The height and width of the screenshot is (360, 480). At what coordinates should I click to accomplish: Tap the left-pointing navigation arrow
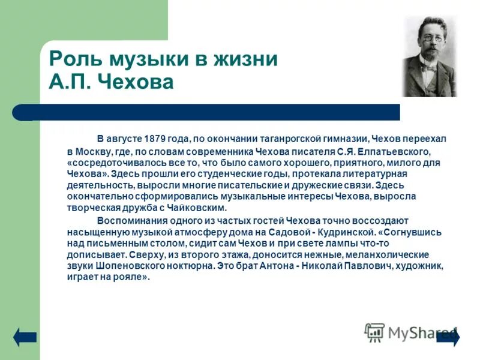coord(25,337)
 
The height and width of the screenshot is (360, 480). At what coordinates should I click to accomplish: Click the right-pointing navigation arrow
coord(448,337)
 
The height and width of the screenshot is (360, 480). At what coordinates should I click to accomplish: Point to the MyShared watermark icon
coord(374,332)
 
